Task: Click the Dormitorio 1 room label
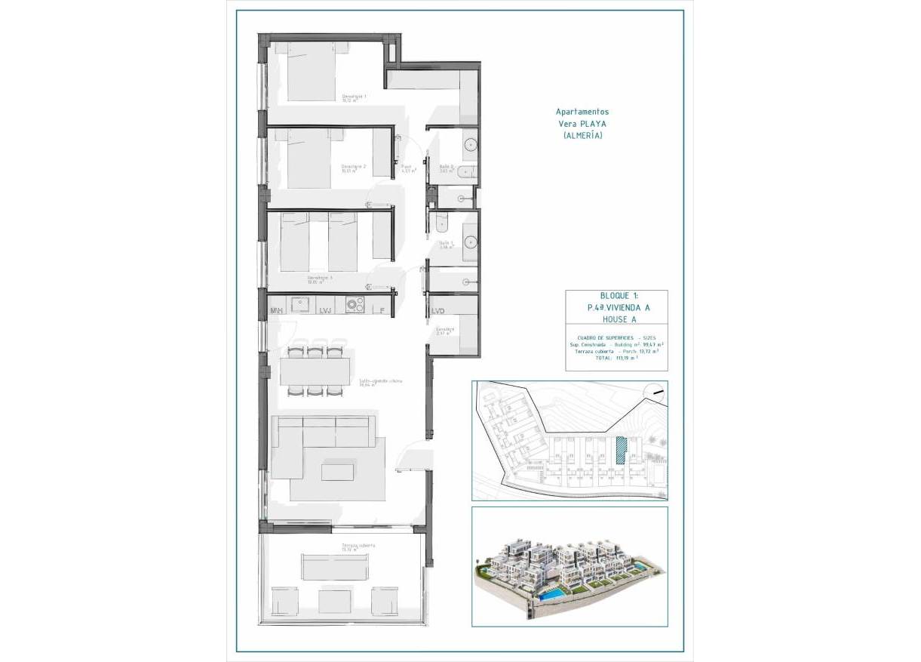[x=354, y=97]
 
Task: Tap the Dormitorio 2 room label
[x=353, y=168]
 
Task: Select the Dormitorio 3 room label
[x=320, y=279]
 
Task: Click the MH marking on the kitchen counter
[x=277, y=310]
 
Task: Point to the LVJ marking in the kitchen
[x=326, y=310]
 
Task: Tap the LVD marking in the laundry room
[x=437, y=311]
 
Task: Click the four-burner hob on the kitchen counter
[x=355, y=304]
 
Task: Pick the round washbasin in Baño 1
[x=470, y=242]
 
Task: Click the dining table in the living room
[x=315, y=371]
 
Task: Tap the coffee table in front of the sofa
[x=336, y=472]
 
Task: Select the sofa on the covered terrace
[x=336, y=566]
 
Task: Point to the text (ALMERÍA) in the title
[x=582, y=135]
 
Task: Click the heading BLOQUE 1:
[x=616, y=296]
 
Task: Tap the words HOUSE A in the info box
[x=616, y=320]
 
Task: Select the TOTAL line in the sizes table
[x=616, y=359]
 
